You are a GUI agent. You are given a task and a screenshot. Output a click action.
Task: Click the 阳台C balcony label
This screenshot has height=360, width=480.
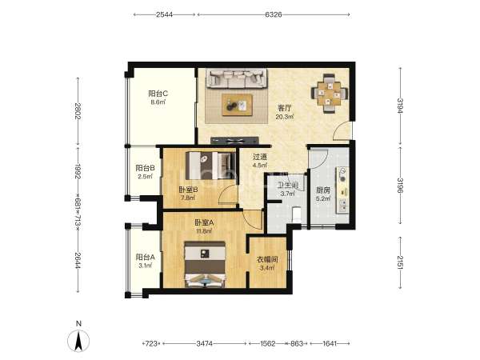coord(158,93)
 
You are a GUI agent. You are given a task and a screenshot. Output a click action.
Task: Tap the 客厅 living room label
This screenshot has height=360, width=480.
coord(284,108)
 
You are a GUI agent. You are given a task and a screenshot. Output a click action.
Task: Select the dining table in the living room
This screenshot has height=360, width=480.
coord(330,93)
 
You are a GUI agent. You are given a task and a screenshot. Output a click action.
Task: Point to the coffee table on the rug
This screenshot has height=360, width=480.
coord(238,105)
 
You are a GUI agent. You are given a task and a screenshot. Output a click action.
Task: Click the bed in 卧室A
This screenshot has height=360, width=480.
coord(205,264)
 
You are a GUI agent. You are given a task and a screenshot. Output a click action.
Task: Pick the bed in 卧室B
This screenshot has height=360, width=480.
coord(211,166)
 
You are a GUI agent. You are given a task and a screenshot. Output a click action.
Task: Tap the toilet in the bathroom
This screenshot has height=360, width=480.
coord(297,214)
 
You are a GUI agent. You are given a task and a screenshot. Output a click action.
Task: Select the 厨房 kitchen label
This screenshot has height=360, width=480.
coord(323,190)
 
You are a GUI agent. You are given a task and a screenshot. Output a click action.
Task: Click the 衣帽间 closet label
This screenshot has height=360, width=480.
coord(267,259)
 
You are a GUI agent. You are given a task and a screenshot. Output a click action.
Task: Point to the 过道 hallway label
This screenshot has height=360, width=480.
coord(260,158)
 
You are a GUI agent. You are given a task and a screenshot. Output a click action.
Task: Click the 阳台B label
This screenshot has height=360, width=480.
coord(145,168)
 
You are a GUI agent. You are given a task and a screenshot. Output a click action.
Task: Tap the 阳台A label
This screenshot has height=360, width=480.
coord(145,257)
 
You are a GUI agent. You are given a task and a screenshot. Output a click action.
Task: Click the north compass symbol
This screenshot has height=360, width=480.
coord(78,338)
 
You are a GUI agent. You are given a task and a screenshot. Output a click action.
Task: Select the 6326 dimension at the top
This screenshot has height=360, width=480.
coord(274,14)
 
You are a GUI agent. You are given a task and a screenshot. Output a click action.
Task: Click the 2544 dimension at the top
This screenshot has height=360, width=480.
coord(164,14)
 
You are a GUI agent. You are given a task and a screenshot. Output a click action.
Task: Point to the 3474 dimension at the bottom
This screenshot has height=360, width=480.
coord(205,343)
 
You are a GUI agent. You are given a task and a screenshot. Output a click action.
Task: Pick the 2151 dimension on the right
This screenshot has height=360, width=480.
coord(400,262)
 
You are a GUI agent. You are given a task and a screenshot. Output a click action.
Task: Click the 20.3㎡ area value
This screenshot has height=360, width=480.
coord(285,117)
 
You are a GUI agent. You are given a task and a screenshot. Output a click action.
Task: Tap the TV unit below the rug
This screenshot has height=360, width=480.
coord(234,141)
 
